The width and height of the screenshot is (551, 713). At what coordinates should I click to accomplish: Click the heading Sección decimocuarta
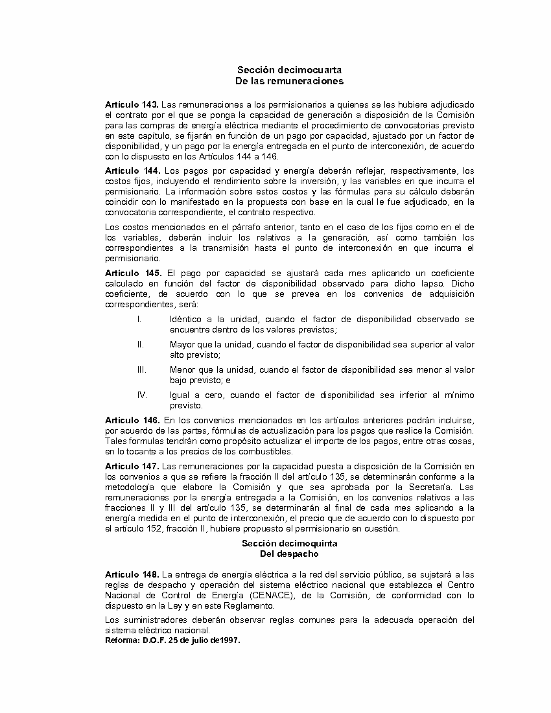pyautogui.click(x=289, y=69)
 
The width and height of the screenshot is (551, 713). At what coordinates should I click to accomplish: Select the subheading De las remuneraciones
pyautogui.click(x=289, y=81)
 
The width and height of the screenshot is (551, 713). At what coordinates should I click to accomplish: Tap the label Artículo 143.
pyautogui.click(x=132, y=104)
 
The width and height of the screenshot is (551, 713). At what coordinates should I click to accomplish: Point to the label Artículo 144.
pyautogui.click(x=132, y=170)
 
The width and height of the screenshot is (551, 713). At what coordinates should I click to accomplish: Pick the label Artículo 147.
pyautogui.click(x=132, y=466)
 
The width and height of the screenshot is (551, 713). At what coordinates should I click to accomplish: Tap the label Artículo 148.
pyautogui.click(x=132, y=574)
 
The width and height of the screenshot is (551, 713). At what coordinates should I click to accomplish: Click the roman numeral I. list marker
pyautogui.click(x=139, y=319)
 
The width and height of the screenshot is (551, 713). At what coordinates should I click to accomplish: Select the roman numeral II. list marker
pyautogui.click(x=140, y=344)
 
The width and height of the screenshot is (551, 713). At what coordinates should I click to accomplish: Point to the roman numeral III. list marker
pyautogui.click(x=141, y=369)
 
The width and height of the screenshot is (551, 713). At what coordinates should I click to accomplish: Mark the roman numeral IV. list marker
pyautogui.click(x=142, y=395)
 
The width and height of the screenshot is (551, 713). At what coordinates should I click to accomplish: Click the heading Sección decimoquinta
pyautogui.click(x=289, y=543)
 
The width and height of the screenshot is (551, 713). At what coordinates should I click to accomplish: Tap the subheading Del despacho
pyautogui.click(x=289, y=554)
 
